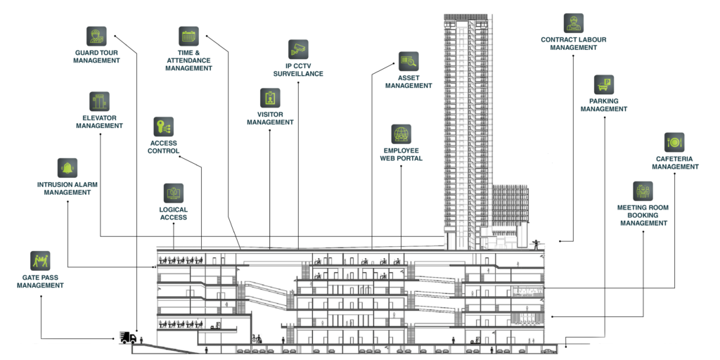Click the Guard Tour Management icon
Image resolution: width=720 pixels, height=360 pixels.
(96, 37)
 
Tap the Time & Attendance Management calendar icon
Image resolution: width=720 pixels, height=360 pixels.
(188, 37)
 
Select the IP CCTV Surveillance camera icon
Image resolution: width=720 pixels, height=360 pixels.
(298, 50)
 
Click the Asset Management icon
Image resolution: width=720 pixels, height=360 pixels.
(409, 62)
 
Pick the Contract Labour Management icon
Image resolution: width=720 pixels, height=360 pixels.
(574, 23)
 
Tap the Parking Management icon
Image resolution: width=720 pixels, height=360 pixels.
(604, 85)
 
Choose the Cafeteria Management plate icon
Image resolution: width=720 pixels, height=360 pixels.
(674, 142)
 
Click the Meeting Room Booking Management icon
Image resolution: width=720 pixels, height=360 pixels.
(643, 191)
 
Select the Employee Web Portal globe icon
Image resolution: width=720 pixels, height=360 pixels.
(401, 134)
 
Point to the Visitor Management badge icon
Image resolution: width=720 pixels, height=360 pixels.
(270, 98)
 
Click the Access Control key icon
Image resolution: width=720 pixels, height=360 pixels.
(163, 127)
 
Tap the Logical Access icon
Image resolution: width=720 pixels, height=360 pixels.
(174, 193)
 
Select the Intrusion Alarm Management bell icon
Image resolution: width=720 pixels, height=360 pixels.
(67, 168)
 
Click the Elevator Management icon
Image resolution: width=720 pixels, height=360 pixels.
(99, 101)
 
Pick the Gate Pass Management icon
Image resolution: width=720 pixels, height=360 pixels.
(40, 261)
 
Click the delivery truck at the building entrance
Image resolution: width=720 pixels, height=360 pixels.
(128, 337)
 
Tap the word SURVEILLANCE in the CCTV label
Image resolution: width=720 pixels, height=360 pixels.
(298, 73)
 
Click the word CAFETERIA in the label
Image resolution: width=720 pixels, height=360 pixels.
(674, 159)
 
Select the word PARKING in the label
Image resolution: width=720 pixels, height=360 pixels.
(604, 101)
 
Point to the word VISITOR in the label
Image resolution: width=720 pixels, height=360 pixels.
(270, 115)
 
